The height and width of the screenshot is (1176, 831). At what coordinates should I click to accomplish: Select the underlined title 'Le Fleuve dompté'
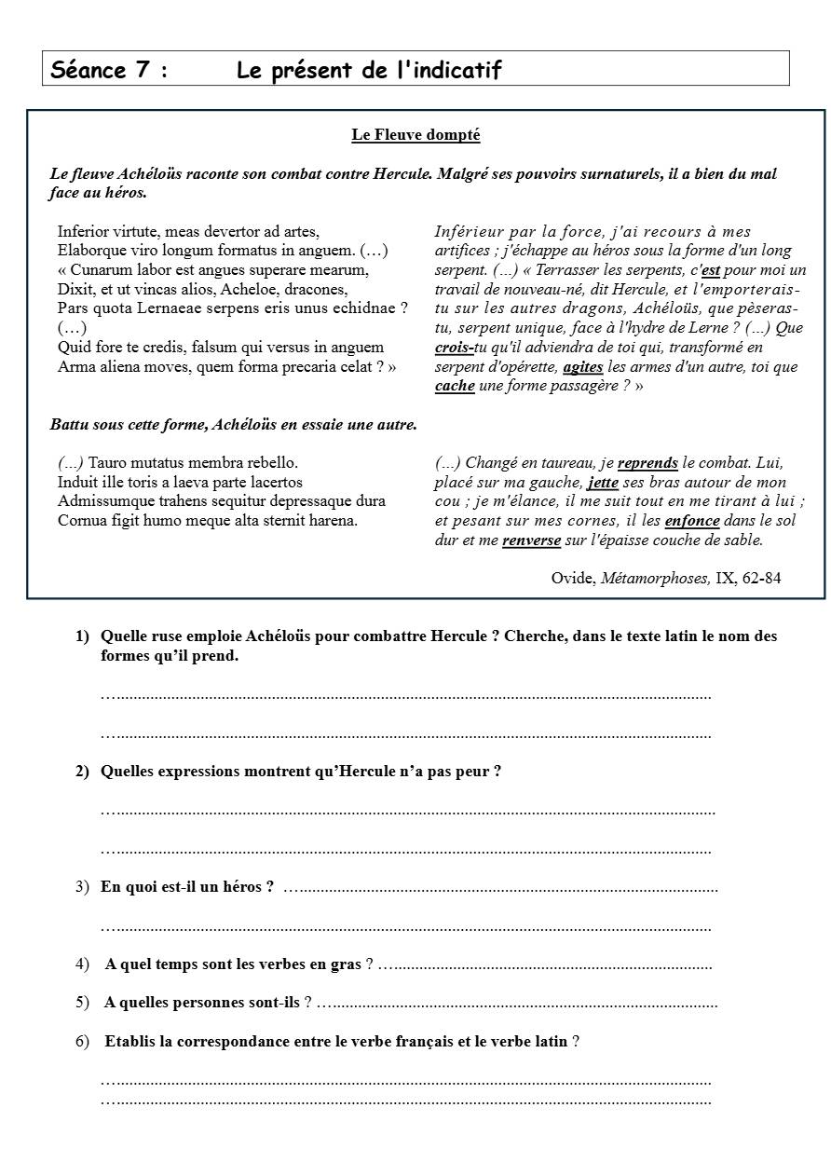pos(415,135)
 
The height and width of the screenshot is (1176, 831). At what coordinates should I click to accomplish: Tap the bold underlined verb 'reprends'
pos(647,463)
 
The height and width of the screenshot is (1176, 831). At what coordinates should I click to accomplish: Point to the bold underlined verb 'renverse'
pos(531,540)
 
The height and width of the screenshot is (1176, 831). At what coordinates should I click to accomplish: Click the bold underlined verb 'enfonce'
pos(692,521)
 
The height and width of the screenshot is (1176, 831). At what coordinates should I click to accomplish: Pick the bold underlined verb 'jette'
pos(603,483)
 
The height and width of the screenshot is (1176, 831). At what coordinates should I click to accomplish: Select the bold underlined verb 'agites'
pos(583,367)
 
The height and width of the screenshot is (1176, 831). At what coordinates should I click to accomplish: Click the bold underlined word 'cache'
pos(455,386)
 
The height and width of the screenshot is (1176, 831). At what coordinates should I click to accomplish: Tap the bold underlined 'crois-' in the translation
pos(454,348)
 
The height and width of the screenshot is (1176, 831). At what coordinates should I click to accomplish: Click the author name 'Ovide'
pos(572,579)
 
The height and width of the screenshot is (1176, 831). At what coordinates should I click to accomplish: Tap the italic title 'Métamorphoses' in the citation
pos(654,579)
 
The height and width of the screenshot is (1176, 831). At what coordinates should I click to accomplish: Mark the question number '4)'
pos(82,964)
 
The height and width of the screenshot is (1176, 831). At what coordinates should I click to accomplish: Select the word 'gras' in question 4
pos(346,964)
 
